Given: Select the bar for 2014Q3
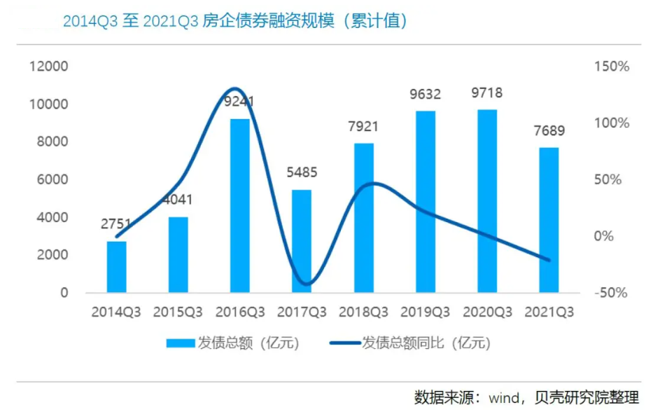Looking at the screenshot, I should point(116,266).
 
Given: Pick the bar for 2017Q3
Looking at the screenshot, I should point(302,240).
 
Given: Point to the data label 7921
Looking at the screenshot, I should point(363,127).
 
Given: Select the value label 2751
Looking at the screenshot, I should point(116,225).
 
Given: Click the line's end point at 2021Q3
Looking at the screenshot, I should point(549,260).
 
